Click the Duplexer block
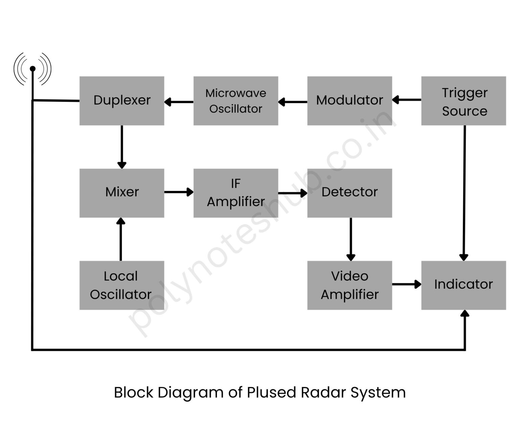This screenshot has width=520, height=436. click(122, 101)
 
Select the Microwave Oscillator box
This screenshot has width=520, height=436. click(236, 101)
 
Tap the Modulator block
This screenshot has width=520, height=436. click(349, 101)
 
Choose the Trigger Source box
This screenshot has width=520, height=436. click(463, 101)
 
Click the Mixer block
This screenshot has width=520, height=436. click(122, 193)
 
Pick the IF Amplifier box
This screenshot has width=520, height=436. click(236, 193)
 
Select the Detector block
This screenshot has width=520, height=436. click(349, 193)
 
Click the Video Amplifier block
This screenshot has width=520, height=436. click(349, 285)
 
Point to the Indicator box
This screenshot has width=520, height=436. click(463, 285)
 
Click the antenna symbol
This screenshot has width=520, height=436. click(32, 69)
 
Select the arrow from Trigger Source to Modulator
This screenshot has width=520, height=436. click(407, 100)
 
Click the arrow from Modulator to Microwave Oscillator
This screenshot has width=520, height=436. click(293, 102)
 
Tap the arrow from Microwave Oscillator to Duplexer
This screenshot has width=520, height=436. click(179, 102)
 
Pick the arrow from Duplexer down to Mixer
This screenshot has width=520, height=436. click(122, 147)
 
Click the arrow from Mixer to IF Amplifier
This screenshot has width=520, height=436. click(179, 192)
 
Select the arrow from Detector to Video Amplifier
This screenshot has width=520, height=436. click(351, 239)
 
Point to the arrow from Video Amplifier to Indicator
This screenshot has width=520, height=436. click(407, 284)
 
